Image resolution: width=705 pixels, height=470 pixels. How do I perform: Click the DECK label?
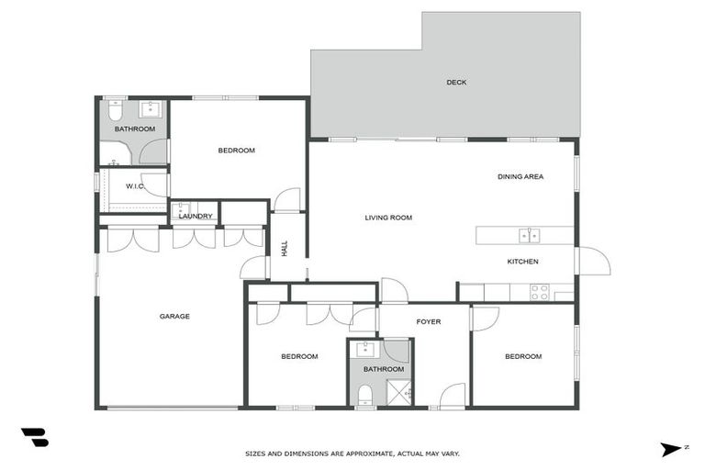click(456, 83)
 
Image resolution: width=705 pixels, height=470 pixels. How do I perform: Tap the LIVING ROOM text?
click(388, 218)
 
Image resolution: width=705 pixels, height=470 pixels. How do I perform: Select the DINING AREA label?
click(520, 176)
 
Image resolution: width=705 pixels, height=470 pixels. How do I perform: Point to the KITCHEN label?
click(522, 262)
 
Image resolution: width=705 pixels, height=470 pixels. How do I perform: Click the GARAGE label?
click(174, 317)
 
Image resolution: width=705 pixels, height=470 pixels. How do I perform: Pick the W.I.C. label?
click(135, 186)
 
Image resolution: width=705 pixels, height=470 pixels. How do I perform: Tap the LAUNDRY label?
click(196, 217)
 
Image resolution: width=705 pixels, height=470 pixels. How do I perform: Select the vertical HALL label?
click(285, 248)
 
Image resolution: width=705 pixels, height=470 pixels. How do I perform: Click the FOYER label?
click(429, 322)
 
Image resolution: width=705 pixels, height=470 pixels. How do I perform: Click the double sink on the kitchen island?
click(529, 236)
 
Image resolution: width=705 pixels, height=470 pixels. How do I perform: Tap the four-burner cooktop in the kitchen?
click(539, 292)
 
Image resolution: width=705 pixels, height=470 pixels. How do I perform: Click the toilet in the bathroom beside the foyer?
click(365, 395)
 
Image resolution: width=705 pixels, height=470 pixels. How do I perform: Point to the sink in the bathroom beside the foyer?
click(366, 349)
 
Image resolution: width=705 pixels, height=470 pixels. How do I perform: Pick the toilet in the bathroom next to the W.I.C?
click(115, 111)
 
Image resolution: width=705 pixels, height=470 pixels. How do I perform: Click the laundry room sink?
click(181, 208)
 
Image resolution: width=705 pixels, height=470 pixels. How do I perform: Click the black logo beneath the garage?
click(34, 437)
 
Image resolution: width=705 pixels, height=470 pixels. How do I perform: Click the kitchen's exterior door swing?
click(593, 261)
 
